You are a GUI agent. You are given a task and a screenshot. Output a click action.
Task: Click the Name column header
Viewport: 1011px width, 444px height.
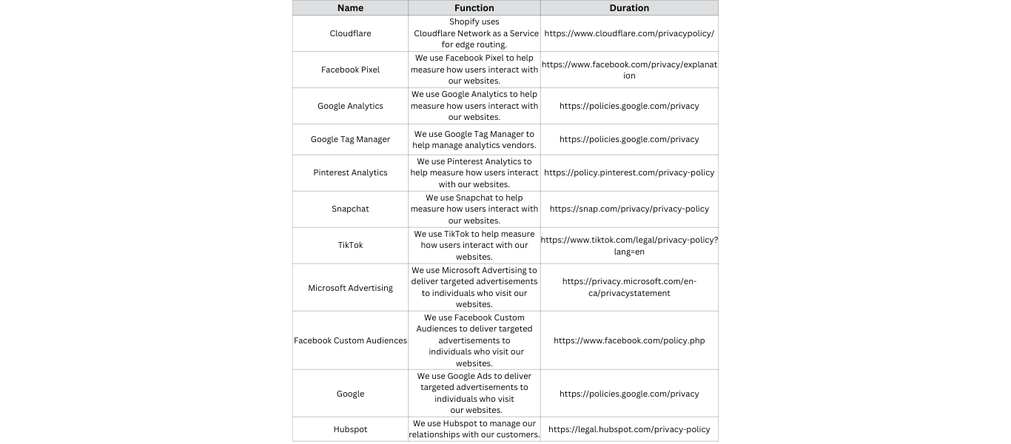(x=350, y=8)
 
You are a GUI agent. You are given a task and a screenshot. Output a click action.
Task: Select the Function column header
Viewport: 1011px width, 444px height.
(x=474, y=8)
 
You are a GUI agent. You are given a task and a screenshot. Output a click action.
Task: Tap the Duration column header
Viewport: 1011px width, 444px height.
(x=629, y=8)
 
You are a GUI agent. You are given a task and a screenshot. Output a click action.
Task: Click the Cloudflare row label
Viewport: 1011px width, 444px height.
(x=350, y=33)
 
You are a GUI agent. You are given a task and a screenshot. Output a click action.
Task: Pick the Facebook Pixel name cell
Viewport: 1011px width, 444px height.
(x=350, y=70)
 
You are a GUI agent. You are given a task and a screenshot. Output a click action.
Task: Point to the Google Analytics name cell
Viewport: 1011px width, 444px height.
(x=350, y=106)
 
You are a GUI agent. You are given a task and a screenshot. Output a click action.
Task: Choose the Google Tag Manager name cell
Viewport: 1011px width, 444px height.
(x=350, y=139)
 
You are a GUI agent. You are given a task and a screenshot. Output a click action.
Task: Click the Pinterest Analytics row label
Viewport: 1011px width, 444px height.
(x=350, y=172)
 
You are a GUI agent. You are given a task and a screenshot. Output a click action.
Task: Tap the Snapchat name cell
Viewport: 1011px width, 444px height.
(x=350, y=209)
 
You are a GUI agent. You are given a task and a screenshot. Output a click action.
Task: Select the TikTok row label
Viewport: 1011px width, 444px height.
(x=350, y=245)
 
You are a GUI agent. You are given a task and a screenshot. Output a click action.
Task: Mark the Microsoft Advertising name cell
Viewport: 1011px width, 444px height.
(x=350, y=288)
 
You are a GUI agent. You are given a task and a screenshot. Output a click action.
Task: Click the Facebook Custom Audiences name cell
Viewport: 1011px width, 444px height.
(x=350, y=340)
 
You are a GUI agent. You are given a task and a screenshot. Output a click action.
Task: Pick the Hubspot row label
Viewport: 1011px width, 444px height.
(x=350, y=429)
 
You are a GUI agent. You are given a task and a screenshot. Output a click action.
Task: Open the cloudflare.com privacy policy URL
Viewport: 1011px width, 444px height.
(x=629, y=33)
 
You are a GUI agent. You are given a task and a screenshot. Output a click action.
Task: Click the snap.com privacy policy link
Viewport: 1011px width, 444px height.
(x=629, y=209)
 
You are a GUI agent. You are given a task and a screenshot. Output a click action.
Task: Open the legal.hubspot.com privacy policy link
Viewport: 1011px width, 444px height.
(x=629, y=429)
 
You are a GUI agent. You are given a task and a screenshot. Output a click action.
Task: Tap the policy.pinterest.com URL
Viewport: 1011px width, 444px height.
(x=629, y=172)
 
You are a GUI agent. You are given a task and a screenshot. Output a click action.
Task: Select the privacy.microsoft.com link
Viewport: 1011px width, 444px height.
(x=629, y=287)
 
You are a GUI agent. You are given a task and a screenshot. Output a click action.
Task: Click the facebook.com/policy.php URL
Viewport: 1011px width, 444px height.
(x=629, y=340)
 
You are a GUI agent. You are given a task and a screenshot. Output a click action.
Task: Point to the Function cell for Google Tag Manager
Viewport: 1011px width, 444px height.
(x=474, y=139)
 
